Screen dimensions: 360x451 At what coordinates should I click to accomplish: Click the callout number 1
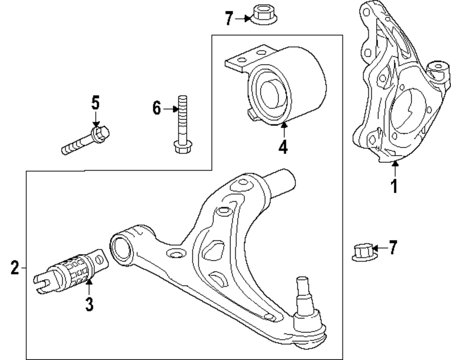[394, 185]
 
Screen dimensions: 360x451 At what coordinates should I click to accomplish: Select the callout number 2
[15, 269]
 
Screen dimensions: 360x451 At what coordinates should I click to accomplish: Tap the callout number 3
[89, 304]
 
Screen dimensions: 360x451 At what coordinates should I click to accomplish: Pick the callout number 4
[283, 147]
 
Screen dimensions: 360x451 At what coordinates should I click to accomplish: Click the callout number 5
[95, 103]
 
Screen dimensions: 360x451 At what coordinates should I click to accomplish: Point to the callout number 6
[156, 108]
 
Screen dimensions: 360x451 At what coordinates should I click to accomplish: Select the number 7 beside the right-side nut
[393, 248]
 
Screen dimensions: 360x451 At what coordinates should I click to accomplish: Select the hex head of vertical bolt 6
[180, 147]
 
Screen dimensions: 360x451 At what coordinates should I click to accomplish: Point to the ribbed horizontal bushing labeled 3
[72, 272]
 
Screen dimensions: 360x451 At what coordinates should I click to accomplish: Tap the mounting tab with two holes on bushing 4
[244, 59]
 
